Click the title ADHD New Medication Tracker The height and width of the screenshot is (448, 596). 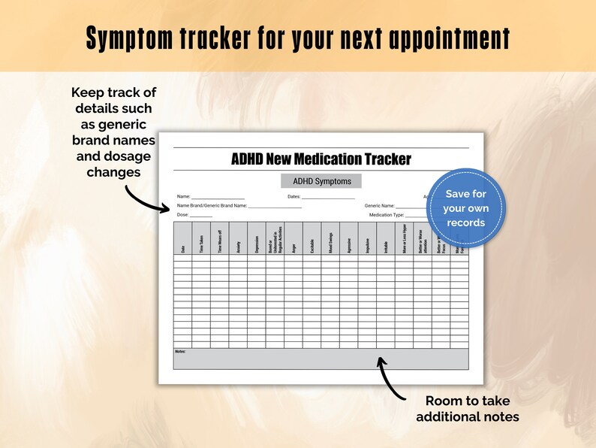click(x=321, y=159)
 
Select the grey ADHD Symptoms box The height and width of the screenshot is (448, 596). click(x=321, y=181)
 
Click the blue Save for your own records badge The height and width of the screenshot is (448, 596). click(x=465, y=208)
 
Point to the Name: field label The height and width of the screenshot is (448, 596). click(x=184, y=197)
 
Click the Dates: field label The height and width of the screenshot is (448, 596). click(x=293, y=197)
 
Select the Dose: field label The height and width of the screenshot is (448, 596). click(x=182, y=215)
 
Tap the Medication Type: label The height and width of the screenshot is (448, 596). click(x=387, y=215)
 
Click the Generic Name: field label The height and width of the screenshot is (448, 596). click(x=379, y=205)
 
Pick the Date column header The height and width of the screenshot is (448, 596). click(x=182, y=248)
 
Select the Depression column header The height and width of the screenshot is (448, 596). click(x=257, y=244)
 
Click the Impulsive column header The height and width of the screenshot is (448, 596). click(x=367, y=244)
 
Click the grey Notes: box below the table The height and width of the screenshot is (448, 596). click(x=321, y=359)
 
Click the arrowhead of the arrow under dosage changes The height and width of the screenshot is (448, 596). click(x=167, y=209)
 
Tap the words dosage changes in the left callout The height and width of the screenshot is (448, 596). click(x=113, y=164)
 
